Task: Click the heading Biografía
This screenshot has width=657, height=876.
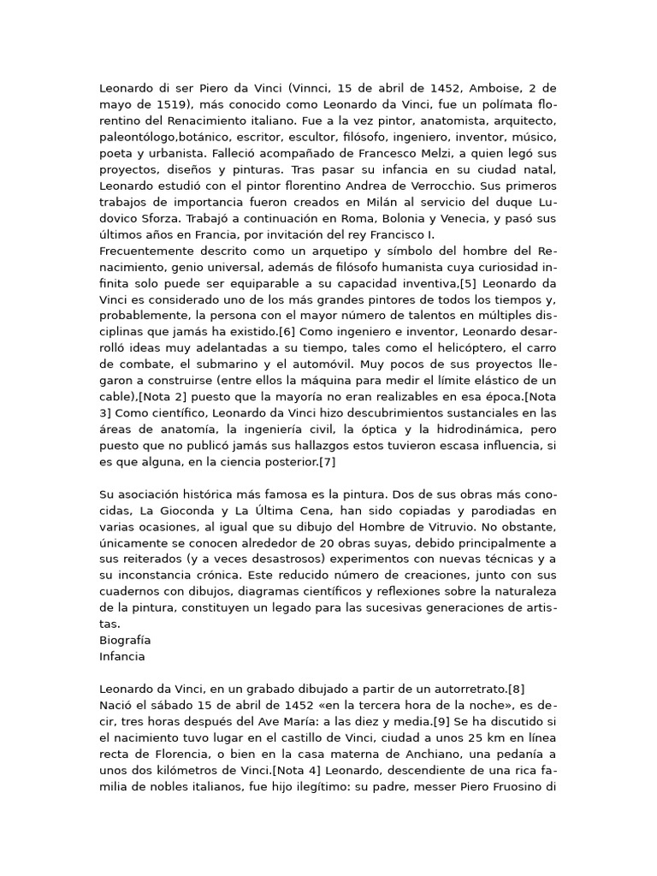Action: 125,641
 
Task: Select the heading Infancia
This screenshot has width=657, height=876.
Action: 122,657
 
